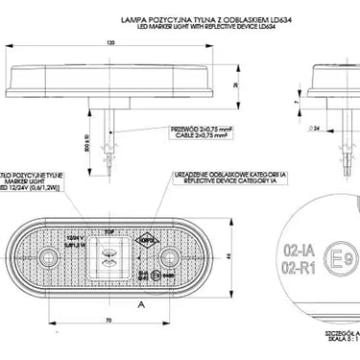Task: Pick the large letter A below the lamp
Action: pos(141,303)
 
